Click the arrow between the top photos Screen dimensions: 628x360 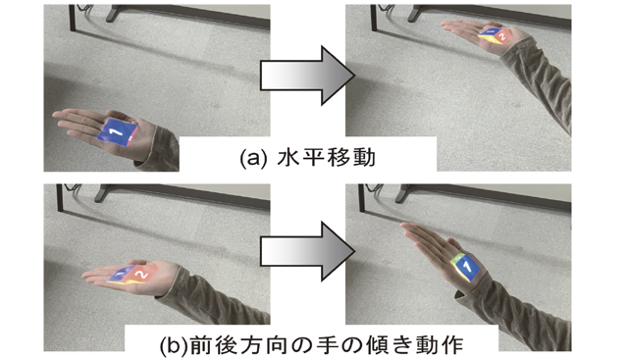[x=307, y=76]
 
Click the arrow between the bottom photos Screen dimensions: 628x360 [x=307, y=251]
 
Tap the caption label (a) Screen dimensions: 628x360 [x=253, y=158]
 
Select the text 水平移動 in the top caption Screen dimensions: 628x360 [x=326, y=157]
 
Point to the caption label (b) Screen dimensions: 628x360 [x=174, y=344]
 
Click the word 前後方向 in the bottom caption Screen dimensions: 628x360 [x=237, y=344]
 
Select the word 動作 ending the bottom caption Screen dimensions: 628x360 [x=439, y=344]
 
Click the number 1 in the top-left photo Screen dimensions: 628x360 [x=119, y=130]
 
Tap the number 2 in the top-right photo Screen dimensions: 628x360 [x=500, y=37]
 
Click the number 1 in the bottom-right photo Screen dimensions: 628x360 [x=468, y=267]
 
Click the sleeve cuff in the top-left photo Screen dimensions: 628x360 [x=159, y=146]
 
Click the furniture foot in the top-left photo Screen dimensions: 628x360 [x=111, y=17]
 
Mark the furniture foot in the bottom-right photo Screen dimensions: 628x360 [x=401, y=196]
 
